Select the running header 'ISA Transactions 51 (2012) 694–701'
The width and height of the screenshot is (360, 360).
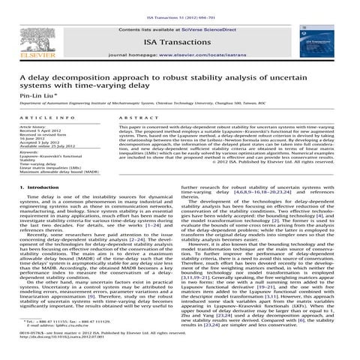click(180, 5)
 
